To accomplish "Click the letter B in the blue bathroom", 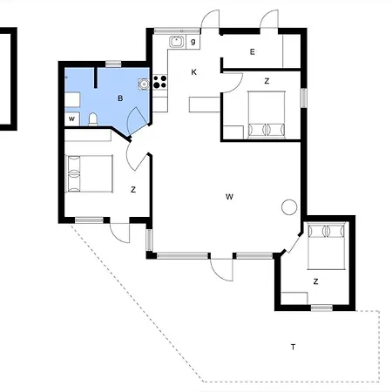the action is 120,98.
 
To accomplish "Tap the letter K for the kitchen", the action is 194,72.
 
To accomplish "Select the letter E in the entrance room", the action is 253,51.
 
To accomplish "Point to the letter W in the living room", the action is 229,197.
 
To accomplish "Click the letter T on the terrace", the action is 294,347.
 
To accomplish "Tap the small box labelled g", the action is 193,42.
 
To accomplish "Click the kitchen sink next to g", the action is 177,42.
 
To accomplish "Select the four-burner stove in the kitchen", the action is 160,82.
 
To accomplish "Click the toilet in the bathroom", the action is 93,119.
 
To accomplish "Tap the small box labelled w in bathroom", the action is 71,118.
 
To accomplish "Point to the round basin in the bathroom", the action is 144,84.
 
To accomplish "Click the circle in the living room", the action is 289,207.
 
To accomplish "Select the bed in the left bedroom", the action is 89,173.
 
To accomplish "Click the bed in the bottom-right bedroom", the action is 327,246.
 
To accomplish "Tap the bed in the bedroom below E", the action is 267,115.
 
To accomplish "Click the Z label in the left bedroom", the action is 133,190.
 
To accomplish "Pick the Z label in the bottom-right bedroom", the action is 315,281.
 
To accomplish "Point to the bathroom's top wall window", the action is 113,64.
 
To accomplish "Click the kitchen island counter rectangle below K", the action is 205,105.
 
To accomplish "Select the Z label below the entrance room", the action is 267,81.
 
